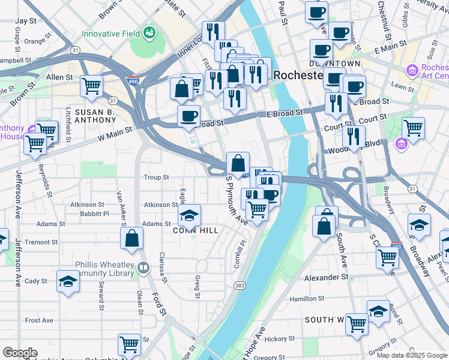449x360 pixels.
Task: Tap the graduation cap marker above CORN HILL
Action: coord(189,214)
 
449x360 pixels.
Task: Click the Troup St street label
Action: coord(157,177)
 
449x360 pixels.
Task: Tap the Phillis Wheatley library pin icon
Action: coord(143,268)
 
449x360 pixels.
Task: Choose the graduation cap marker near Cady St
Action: coord(68,281)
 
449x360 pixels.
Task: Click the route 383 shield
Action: coord(240,285)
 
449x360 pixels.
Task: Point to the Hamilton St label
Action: coord(307,298)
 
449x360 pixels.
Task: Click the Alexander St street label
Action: coord(327,278)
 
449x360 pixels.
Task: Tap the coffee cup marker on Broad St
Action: coord(188,116)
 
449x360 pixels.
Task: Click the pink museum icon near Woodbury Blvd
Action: coord(400,143)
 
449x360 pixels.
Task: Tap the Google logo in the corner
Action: coord(20,353)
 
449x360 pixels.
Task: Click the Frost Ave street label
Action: coord(39,320)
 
